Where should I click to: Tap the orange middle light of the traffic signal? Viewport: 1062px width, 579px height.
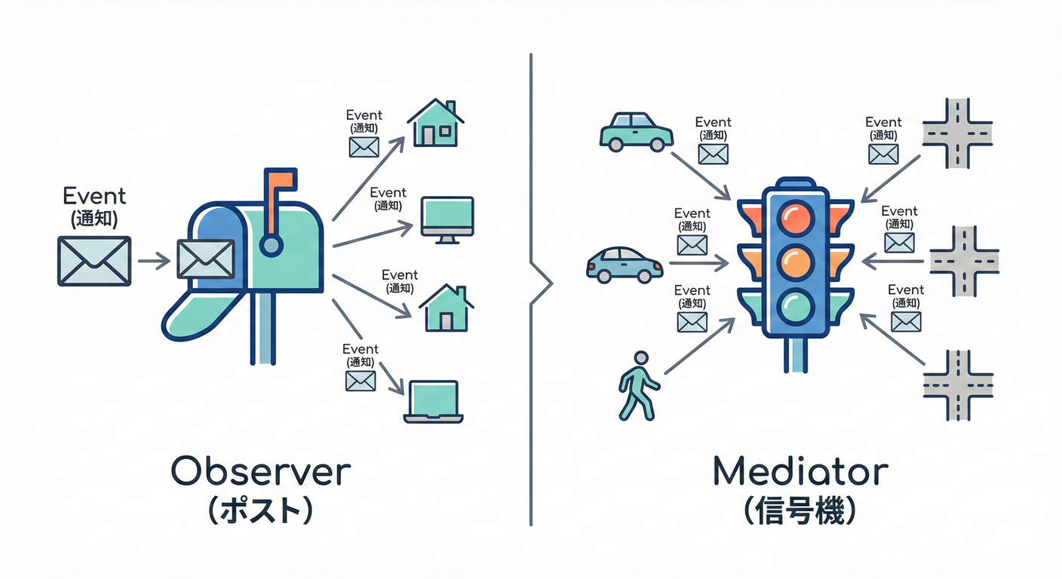pyautogui.click(x=797, y=262)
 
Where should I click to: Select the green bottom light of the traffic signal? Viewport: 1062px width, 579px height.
pyautogui.click(x=797, y=305)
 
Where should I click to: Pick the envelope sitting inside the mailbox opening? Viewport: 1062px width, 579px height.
pyautogui.click(x=205, y=259)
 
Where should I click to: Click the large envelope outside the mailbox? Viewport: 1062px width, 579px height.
pyautogui.click(x=94, y=261)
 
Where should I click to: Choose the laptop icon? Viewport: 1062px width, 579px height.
pyautogui.click(x=433, y=401)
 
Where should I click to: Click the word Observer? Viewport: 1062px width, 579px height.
pyautogui.click(x=260, y=472)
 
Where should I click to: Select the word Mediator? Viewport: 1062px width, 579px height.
pyautogui.click(x=800, y=472)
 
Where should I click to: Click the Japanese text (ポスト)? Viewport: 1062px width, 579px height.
pyautogui.click(x=259, y=512)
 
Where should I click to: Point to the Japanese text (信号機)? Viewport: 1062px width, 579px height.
pyautogui.click(x=800, y=512)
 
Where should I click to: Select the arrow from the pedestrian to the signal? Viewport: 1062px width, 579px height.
pyautogui.click(x=698, y=346)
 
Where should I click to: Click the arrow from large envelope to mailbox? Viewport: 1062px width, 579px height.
pyautogui.click(x=154, y=262)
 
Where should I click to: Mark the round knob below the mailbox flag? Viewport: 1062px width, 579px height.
pyautogui.click(x=271, y=244)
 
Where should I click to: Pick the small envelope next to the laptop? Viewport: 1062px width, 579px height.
pyautogui.click(x=361, y=381)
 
